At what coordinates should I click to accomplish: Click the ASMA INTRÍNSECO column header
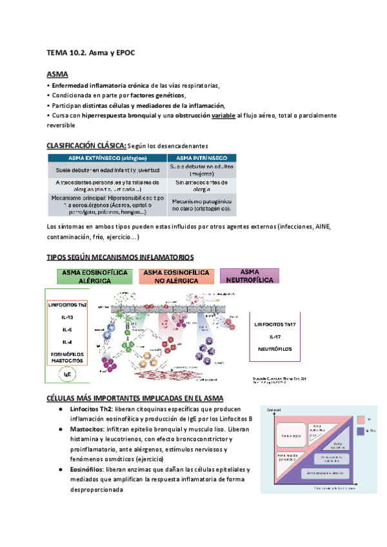click(x=201, y=157)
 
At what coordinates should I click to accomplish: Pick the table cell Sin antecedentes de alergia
click(x=201, y=186)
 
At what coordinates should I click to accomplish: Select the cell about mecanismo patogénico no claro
click(x=201, y=204)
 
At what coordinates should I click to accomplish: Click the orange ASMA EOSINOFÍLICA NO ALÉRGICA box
click(x=176, y=276)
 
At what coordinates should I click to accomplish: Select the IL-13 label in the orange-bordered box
click(x=68, y=317)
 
